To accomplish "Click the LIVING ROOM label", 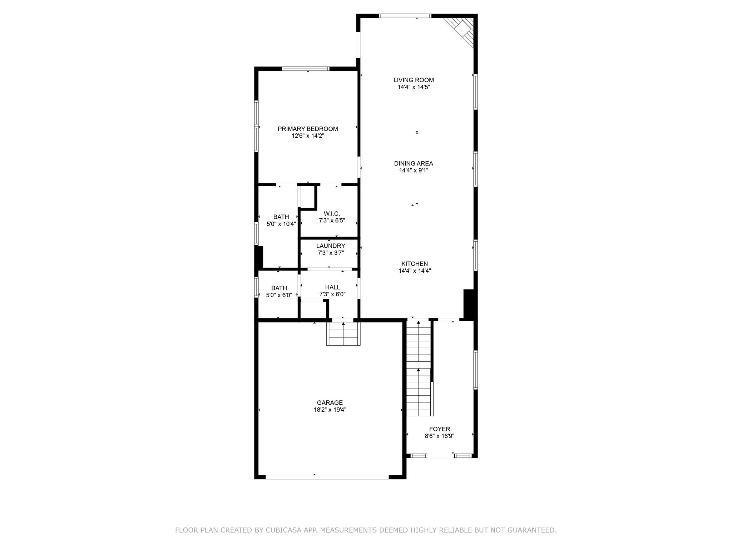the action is click(414, 80).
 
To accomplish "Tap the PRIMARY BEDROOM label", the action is click(308, 129).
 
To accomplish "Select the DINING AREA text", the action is click(414, 163).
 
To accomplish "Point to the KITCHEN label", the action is click(415, 264).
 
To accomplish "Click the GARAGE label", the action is click(330, 402).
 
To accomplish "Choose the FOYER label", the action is click(440, 429).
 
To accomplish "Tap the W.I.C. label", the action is click(332, 213).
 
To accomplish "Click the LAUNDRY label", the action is click(331, 246).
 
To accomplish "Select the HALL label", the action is click(332, 287).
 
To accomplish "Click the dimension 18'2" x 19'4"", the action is click(330, 410).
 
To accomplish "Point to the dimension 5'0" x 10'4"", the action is click(281, 224).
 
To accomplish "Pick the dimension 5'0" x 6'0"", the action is click(279, 295).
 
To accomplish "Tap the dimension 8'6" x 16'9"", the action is click(440, 436).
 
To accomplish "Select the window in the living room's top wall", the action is click(405, 16).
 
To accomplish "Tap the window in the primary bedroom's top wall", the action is click(306, 69).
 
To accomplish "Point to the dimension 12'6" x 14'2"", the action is click(308, 136).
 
